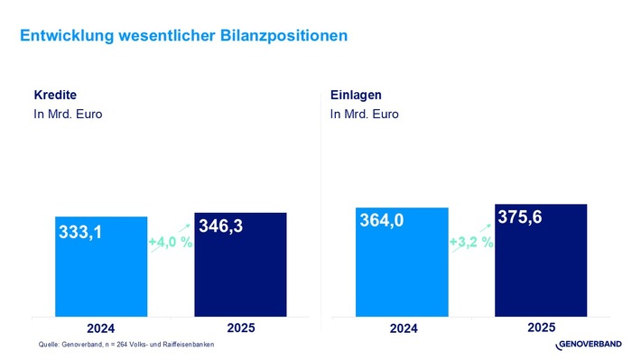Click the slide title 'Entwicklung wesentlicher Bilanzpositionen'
coord(183,35)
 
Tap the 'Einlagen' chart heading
coord(355,95)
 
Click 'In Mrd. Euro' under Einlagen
coord(364,115)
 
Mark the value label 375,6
coord(520,217)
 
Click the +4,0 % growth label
coord(171,242)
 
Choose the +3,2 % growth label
coord(471,242)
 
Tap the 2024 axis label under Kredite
coord(100,328)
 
